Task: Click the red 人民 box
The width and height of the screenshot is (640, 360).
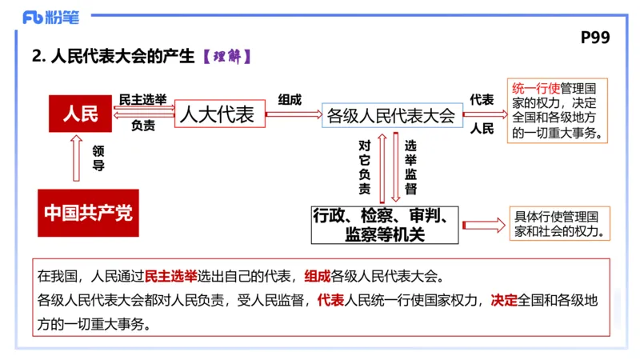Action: pos(80,114)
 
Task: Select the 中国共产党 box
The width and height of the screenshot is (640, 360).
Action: pos(88,213)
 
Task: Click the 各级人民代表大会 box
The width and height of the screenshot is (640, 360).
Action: pos(391,115)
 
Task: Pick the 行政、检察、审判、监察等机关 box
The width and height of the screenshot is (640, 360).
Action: pos(385,224)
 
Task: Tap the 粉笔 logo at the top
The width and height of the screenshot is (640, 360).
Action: pos(51,17)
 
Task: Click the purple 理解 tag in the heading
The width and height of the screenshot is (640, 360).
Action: pos(228,57)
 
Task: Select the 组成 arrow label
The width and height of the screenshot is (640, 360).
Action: pos(290,100)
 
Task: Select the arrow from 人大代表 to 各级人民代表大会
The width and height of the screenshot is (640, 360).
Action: pos(291,114)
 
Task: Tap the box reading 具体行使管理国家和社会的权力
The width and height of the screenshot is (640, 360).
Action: pos(558,225)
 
